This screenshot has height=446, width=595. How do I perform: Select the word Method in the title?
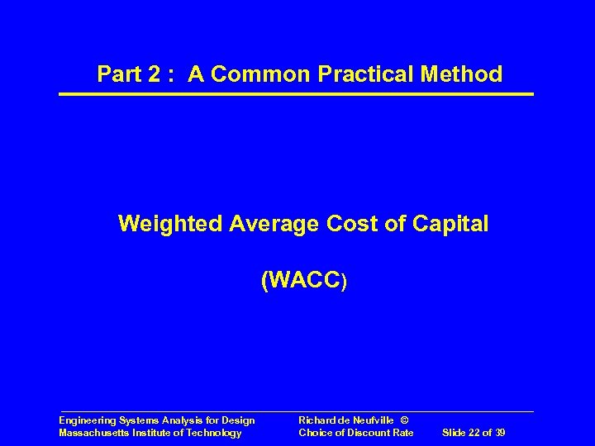pyautogui.click(x=463, y=74)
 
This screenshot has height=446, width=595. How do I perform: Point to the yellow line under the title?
pyautogui.click(x=296, y=94)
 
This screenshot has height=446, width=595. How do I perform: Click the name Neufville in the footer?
pyautogui.click(x=366, y=421)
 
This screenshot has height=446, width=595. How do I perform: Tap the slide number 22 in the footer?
pyautogui.click(x=475, y=433)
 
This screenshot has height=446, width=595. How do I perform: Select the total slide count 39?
pyautogui.click(x=499, y=433)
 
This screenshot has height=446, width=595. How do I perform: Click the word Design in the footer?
pyautogui.click(x=239, y=421)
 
